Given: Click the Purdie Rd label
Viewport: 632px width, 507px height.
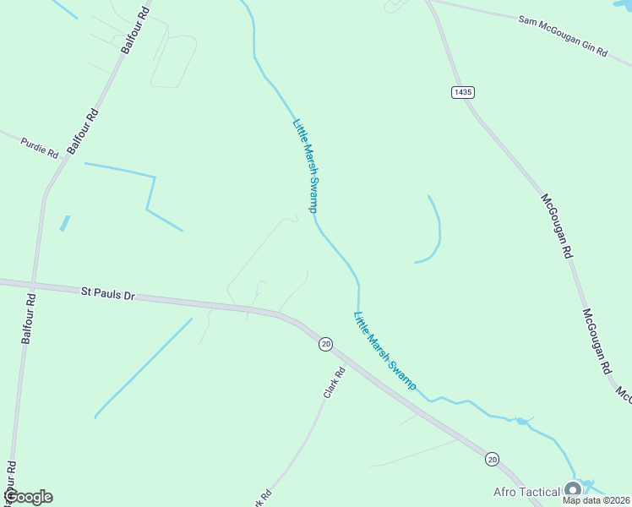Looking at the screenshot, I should click(x=40, y=147).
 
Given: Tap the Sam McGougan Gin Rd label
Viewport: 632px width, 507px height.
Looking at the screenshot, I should click(x=564, y=35).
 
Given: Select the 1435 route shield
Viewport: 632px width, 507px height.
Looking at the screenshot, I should click(x=462, y=92).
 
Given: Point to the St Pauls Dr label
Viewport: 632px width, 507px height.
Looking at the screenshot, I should click(x=107, y=293).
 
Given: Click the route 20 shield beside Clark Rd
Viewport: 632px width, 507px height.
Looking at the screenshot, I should click(x=325, y=343).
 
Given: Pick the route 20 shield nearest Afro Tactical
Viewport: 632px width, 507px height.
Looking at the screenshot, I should click(x=492, y=459).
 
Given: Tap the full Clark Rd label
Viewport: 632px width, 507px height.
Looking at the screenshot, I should click(x=335, y=383).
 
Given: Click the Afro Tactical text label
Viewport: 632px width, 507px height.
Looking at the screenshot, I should click(x=527, y=492).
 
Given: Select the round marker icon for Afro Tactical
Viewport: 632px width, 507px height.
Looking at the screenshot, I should click(x=574, y=490).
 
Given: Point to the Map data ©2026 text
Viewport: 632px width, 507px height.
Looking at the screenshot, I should click(x=596, y=500).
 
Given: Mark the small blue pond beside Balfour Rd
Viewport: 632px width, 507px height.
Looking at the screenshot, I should click(x=64, y=224).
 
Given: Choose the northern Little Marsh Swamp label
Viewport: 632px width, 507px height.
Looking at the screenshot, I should click(x=305, y=165).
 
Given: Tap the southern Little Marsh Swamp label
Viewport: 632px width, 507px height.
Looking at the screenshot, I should click(x=384, y=351).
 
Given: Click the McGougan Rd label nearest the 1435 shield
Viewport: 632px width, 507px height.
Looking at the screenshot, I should click(x=558, y=226).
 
